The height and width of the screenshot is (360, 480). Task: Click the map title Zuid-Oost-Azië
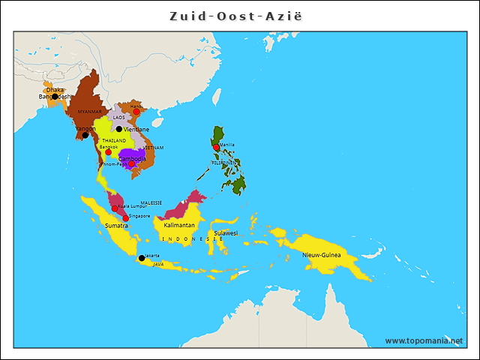pos(240,15)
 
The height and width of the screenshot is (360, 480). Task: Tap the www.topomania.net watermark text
pos(423,340)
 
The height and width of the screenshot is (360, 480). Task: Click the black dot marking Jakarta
pos(142,258)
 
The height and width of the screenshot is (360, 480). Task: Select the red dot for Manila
pos(217,148)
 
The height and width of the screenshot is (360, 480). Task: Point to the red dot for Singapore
pos(125,218)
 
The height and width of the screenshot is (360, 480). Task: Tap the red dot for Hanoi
pos(136,111)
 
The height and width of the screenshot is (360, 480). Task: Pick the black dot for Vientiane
pos(118,129)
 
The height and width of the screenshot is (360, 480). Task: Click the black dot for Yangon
pos(85,135)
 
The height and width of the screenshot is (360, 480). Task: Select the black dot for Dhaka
pos(55,96)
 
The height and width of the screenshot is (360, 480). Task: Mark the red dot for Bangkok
pos(108,152)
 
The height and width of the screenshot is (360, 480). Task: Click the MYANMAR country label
pos(89,111)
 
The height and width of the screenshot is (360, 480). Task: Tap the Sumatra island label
pos(115,225)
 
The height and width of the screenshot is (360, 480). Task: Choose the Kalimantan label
pos(179,225)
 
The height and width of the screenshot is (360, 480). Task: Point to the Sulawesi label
pos(225,233)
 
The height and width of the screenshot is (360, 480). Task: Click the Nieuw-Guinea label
pos(321,255)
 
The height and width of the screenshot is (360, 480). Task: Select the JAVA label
pos(157,264)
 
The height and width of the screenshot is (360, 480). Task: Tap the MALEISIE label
pos(151,202)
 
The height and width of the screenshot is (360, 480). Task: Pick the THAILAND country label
pos(114,140)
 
